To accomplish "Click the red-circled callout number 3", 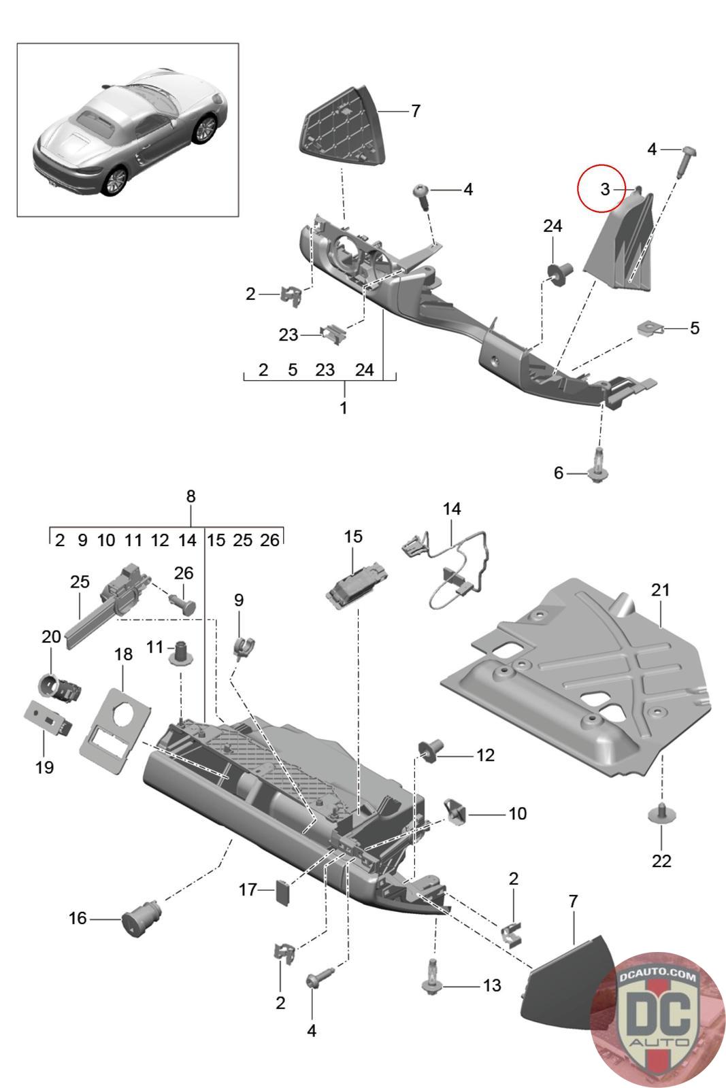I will point(604,190).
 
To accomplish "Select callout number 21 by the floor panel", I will point(660,590).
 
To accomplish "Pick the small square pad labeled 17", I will point(282,890).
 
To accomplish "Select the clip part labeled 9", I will point(243,645).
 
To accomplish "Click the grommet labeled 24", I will point(559,273).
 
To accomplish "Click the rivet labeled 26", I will point(184,602).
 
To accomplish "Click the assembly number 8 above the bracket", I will point(191,496).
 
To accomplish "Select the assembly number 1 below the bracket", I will point(344,408).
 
